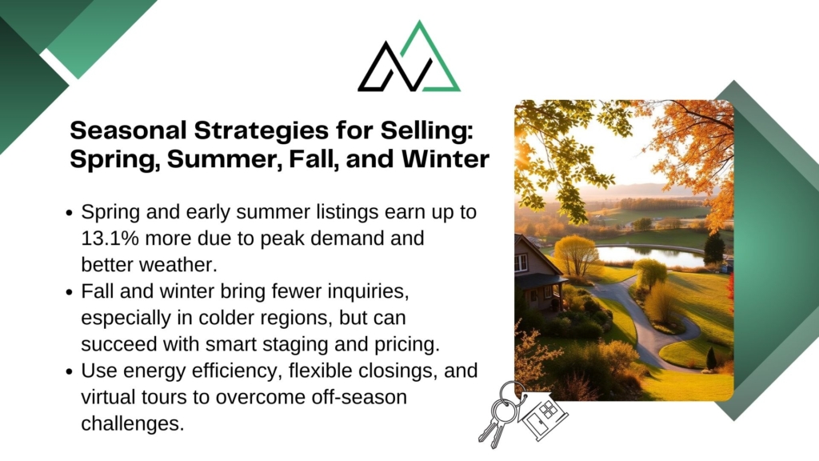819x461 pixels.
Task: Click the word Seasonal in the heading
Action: [128, 130]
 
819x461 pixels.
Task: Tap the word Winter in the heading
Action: [445, 159]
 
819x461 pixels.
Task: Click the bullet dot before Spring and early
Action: [70, 213]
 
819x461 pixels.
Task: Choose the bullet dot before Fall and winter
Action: [70, 292]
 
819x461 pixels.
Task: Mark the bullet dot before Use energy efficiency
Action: [70, 371]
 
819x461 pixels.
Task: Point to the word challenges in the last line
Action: [133, 423]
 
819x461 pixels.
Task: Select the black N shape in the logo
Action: [396, 67]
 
